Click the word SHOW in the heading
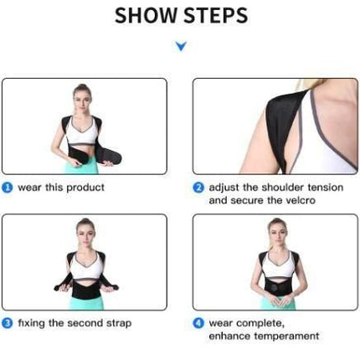click(x=147, y=15)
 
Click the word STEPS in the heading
click(x=216, y=15)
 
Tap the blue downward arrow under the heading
click(x=181, y=46)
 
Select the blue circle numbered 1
click(x=8, y=188)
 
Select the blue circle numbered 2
click(x=198, y=188)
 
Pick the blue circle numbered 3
click(x=8, y=323)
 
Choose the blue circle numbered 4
click(x=198, y=323)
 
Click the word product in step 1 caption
click(x=85, y=188)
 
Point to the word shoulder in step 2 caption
click(x=282, y=188)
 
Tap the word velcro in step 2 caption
click(x=299, y=200)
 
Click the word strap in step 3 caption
click(x=119, y=324)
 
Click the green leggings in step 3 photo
click(x=86, y=303)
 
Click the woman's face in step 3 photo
click(x=85, y=234)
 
